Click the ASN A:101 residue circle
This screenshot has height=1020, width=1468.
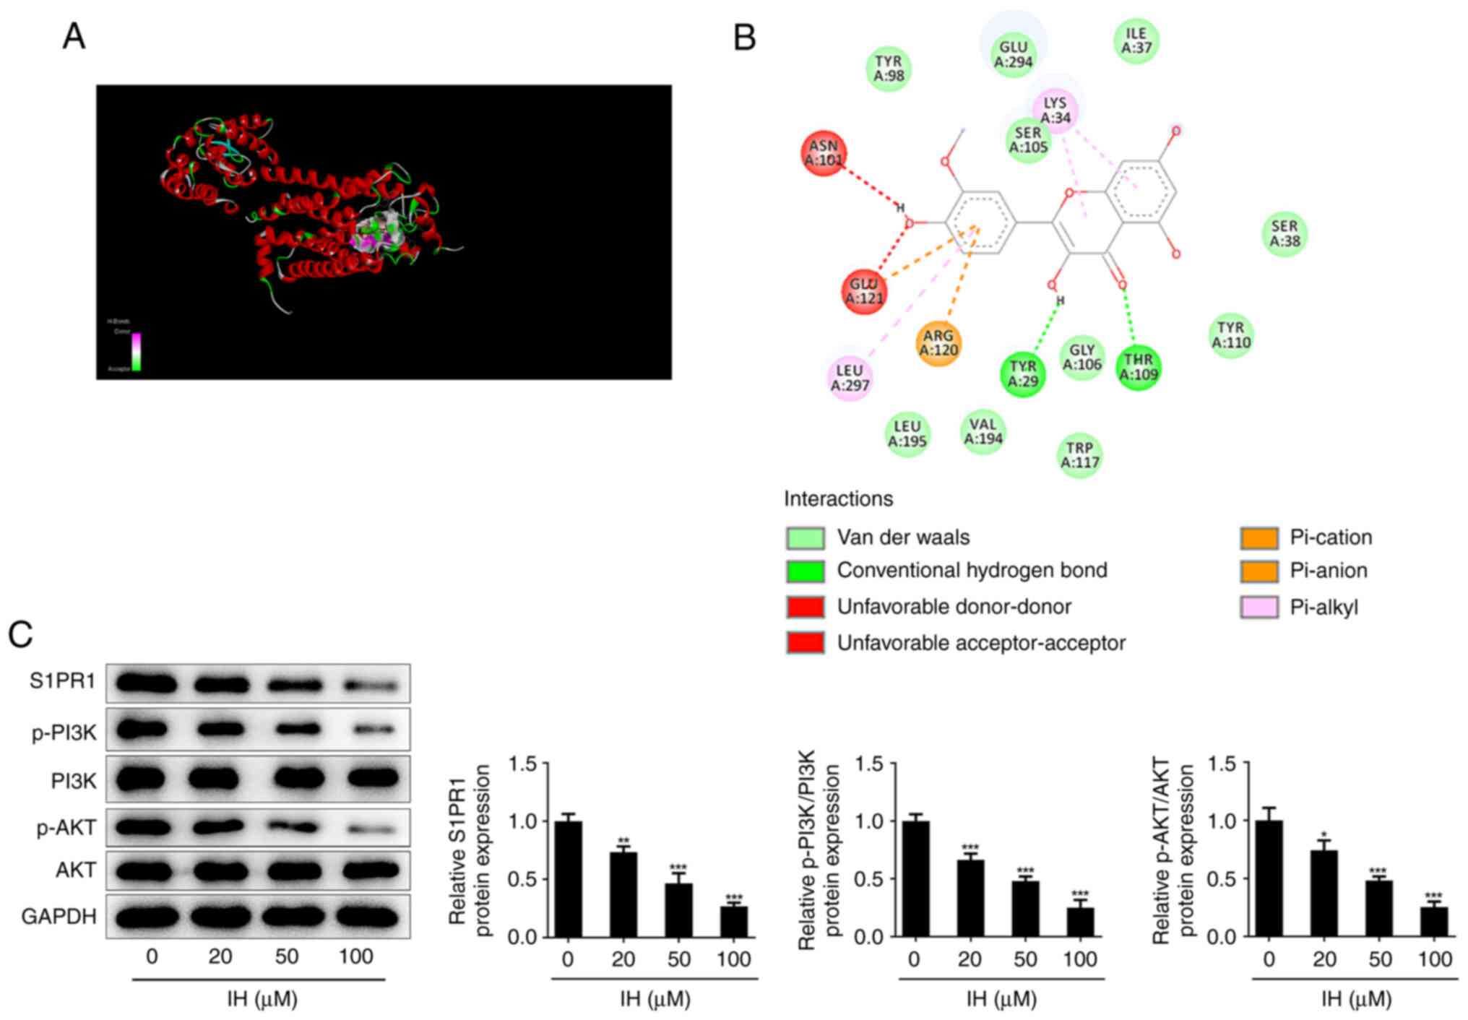824,153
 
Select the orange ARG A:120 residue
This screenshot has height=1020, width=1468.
938,343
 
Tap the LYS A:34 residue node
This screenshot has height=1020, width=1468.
1055,110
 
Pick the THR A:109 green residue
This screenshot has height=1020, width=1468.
1139,367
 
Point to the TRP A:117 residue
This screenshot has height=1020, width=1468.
1080,455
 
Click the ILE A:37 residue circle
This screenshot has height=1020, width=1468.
1136,40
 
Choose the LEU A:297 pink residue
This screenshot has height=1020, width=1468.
850,378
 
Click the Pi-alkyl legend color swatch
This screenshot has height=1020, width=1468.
1258,608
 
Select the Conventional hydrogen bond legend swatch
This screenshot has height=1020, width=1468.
805,571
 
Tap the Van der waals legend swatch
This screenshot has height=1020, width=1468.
805,538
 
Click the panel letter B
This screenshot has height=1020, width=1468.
744,37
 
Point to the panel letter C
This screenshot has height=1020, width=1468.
20,634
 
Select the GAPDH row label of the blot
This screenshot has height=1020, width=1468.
59,916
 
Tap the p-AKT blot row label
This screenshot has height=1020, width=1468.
66,827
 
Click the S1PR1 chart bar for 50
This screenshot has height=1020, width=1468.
678,909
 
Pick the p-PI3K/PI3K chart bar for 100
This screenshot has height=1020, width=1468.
1080,922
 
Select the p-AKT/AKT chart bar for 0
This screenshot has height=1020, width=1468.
1269,878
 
